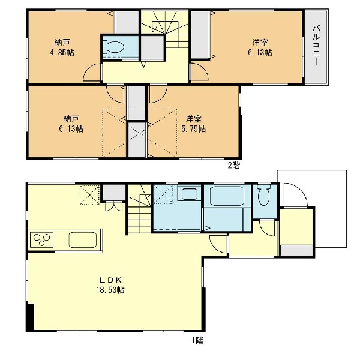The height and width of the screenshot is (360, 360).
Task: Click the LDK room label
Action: [x=110, y=280]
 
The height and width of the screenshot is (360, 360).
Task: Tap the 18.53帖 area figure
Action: [x=110, y=290]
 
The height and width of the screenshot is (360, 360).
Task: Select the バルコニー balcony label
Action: [x=317, y=45]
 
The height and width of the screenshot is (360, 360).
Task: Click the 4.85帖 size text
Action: [x=62, y=53]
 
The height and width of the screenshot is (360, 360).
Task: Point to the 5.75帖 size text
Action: [x=194, y=129]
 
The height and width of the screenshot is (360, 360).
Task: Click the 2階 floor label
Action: [x=234, y=166]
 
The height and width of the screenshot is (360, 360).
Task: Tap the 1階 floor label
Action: [x=197, y=340]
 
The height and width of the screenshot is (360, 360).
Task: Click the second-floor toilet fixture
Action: [x=113, y=47]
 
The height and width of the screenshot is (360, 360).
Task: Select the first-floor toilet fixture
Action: [x=265, y=195]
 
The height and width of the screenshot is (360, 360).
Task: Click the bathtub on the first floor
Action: [x=227, y=196]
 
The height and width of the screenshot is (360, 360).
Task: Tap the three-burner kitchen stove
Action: [x=41, y=239]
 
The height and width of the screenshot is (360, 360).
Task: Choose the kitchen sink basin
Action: [x=83, y=239]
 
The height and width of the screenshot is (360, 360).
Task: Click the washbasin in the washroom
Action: [x=189, y=194]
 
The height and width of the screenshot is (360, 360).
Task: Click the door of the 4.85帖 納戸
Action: [x=92, y=72]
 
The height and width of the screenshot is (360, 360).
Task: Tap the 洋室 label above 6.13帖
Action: [x=260, y=43]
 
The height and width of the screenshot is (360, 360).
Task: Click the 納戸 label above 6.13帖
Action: [x=71, y=119]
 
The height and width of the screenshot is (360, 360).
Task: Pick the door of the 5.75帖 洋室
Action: [x=158, y=94]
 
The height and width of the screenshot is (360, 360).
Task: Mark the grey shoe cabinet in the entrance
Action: [x=296, y=250]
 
